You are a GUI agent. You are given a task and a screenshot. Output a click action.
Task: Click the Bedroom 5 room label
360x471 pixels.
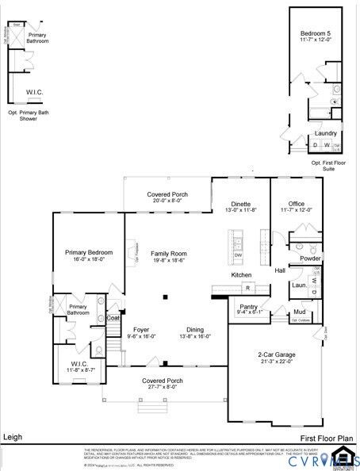pyautogui.click(x=316, y=34)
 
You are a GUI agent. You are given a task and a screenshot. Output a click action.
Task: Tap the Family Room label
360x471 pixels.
pyautogui.click(x=168, y=253)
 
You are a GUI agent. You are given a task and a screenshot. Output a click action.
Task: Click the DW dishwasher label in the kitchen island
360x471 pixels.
pyautogui.click(x=238, y=255)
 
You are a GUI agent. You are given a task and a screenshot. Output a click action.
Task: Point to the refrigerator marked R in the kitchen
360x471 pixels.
pyautogui.click(x=247, y=289)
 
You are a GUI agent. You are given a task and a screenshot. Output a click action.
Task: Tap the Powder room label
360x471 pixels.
pyautogui.click(x=310, y=258)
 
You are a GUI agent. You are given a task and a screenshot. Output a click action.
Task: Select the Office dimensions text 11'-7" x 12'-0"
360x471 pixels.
pyautogui.click(x=297, y=210)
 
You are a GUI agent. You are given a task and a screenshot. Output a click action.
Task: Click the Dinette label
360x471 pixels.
pyautogui.click(x=241, y=203)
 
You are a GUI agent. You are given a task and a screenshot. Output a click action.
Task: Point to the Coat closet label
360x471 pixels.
pyautogui.click(x=113, y=318)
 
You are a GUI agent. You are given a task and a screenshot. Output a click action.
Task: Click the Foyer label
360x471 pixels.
pyautogui.click(x=141, y=329)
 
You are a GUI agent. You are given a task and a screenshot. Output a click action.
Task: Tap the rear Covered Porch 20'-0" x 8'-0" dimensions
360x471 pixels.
pyautogui.click(x=167, y=201)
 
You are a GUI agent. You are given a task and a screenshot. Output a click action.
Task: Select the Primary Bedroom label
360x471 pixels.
pyautogui.click(x=89, y=253)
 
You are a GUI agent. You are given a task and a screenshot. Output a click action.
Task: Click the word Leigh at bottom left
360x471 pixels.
pyautogui.click(x=13, y=436)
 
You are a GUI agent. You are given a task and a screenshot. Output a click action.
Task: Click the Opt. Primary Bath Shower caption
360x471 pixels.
pyautogui.click(x=34, y=115)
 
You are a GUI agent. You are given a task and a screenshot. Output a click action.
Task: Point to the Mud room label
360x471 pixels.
pyautogui.click(x=300, y=312)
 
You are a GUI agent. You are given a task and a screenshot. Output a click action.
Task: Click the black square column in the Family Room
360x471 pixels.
pyautogui.click(x=165, y=297)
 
